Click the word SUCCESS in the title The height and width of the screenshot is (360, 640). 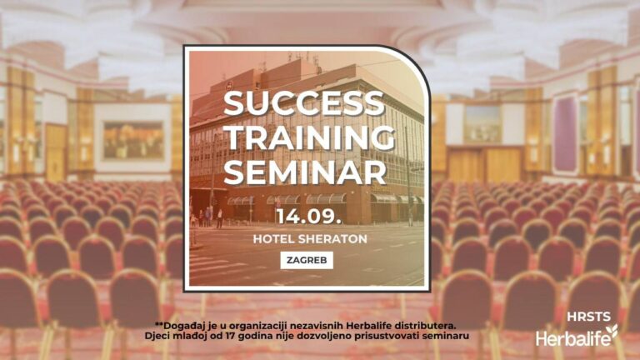[x=304, y=103]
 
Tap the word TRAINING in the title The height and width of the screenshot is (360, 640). [x=309, y=137]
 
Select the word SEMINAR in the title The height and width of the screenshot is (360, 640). [x=305, y=172]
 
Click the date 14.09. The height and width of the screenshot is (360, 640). [x=308, y=217]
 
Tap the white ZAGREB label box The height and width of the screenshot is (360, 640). [x=307, y=260]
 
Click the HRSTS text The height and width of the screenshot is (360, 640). [x=588, y=317]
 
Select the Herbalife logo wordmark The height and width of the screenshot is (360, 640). [x=572, y=338]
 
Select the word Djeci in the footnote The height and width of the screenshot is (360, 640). [x=156, y=336]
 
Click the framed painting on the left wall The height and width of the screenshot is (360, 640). [x=133, y=140]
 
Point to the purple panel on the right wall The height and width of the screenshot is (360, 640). [x=565, y=134]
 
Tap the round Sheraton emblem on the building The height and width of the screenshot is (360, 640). [x=229, y=85]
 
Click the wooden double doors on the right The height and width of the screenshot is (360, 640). [x=485, y=164]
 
